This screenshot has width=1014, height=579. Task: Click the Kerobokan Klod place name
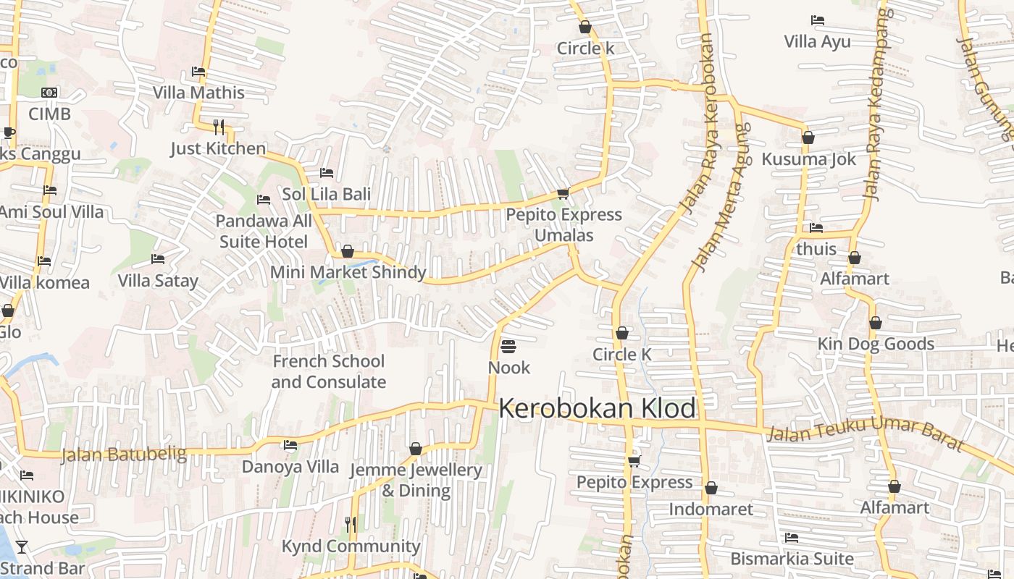[x=598, y=408]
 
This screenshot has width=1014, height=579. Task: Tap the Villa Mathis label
[x=198, y=93]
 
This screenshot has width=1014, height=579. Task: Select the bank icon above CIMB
[x=49, y=93]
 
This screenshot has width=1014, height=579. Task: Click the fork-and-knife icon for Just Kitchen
[x=219, y=127]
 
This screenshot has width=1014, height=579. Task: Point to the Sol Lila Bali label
[x=326, y=194]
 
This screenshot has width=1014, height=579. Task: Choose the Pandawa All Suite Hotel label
[x=264, y=231]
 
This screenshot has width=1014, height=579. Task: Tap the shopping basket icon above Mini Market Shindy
[x=348, y=251]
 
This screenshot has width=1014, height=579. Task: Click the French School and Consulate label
[x=329, y=371]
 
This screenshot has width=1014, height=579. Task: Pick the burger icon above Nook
[x=508, y=346]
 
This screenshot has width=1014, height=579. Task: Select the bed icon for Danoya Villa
[x=290, y=445]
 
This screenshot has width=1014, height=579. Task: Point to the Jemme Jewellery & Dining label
[x=416, y=480]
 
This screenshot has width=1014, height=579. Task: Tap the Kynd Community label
[x=351, y=546]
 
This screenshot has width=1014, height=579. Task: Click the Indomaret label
[x=711, y=509]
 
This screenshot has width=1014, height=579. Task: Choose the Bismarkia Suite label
[x=792, y=559]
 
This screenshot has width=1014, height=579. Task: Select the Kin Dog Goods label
[x=876, y=344]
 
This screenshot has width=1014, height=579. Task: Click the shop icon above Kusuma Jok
[x=808, y=138]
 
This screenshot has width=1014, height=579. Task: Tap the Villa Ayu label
[x=817, y=41]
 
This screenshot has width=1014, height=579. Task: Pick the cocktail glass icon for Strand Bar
[x=22, y=546]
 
